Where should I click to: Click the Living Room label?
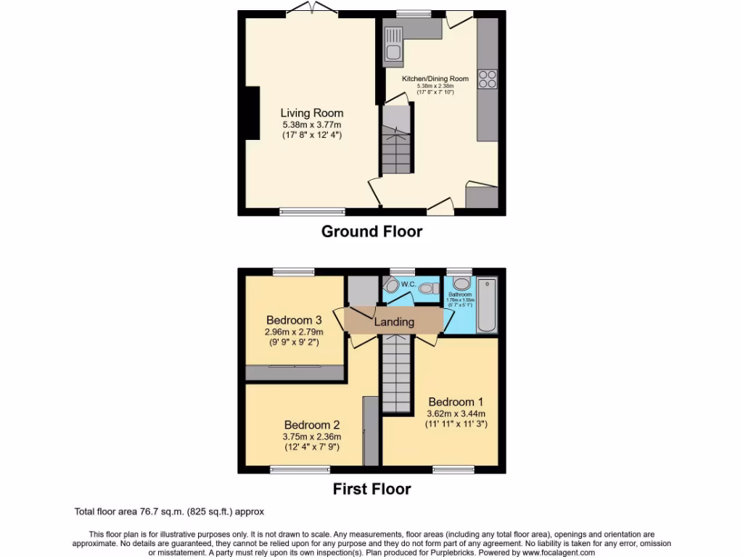point(312,113)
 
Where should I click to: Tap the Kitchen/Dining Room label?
point(435,78)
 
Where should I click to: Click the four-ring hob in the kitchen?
point(488,78)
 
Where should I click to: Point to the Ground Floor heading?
point(371,231)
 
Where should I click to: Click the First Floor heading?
point(371,489)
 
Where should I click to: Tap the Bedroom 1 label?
point(456,402)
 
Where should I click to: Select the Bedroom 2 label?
point(312,425)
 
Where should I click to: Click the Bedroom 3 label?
point(294,320)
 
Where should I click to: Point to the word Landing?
point(394,321)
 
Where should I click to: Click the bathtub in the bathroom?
point(486,305)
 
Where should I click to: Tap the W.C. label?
point(408,284)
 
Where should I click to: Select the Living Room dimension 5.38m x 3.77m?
point(312,124)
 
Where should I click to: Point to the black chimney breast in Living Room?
point(252,112)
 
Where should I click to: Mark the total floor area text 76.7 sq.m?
point(174,511)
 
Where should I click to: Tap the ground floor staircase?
point(397,148)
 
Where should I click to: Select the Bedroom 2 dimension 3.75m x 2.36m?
point(312,437)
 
